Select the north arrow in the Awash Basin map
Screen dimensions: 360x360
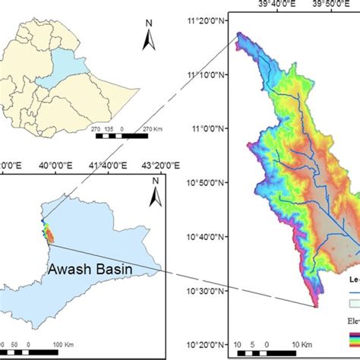click(156, 193)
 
